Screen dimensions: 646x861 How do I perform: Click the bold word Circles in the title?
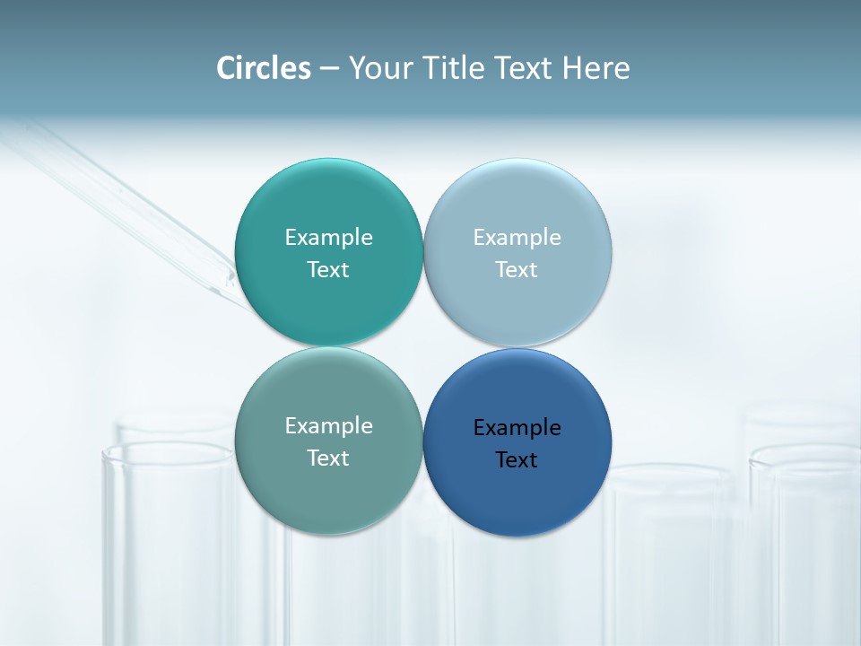coord(263,68)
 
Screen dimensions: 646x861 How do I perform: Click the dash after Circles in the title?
coord(329,69)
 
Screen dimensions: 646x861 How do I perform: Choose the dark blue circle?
coord(517,498)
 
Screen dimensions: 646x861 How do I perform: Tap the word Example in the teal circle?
coord(328,237)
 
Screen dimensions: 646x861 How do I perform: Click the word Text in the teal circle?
coord(328,269)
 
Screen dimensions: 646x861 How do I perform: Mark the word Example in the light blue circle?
coord(517,237)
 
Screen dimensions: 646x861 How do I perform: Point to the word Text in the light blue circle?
coord(517,269)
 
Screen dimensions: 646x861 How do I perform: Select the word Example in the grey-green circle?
coord(328,425)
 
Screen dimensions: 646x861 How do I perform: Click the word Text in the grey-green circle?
coord(328,458)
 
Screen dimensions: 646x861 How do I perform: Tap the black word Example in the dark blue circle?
coord(517,427)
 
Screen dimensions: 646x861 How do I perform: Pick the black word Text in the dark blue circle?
coord(517,459)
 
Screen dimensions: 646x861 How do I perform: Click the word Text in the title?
coord(524,68)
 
